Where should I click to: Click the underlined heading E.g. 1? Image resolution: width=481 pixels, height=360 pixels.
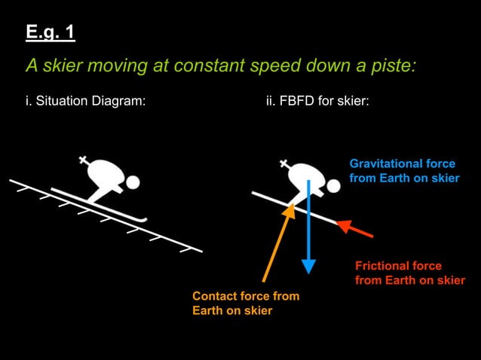[x=51, y=33]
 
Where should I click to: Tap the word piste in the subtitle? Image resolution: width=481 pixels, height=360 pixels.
[x=391, y=66]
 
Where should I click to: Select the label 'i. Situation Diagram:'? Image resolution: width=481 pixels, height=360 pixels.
[x=85, y=101]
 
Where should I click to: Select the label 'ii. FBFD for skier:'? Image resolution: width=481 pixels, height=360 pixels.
[x=317, y=101]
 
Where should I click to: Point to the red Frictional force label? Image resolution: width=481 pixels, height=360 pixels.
[x=409, y=273]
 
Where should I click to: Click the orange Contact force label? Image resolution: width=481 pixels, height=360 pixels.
[x=245, y=304]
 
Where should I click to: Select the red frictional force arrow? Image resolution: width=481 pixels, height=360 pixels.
[x=356, y=229]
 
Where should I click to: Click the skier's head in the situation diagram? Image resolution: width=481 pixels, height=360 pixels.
[x=133, y=182]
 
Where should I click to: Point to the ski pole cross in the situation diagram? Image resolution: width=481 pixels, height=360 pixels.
[x=84, y=160]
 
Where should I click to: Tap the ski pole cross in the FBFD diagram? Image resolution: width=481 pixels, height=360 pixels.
[x=285, y=162]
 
